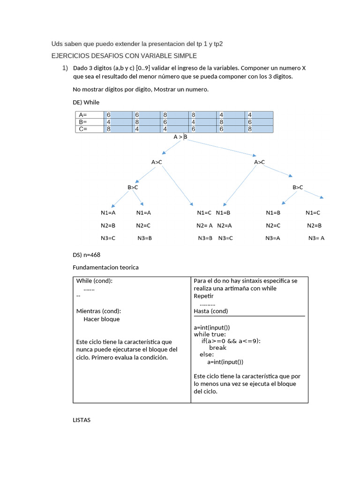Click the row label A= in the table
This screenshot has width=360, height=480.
click(83, 115)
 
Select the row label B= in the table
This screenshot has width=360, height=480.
click(83, 122)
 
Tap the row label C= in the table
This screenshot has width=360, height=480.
click(83, 129)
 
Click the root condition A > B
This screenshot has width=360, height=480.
click(180, 137)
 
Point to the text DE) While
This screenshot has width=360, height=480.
click(86, 102)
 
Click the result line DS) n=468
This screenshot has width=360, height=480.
click(87, 255)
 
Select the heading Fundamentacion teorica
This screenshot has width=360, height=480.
click(106, 267)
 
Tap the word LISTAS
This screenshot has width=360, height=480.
click(82, 420)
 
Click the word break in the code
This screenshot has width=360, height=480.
click(217, 348)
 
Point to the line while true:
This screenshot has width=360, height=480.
click(210, 334)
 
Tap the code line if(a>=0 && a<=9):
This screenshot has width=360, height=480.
click(231, 341)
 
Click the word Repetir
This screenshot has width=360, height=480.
click(203, 296)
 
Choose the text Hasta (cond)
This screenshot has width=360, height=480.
click(211, 311)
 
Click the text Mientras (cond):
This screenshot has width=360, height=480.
click(98, 311)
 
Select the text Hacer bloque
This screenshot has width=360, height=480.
click(101, 319)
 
